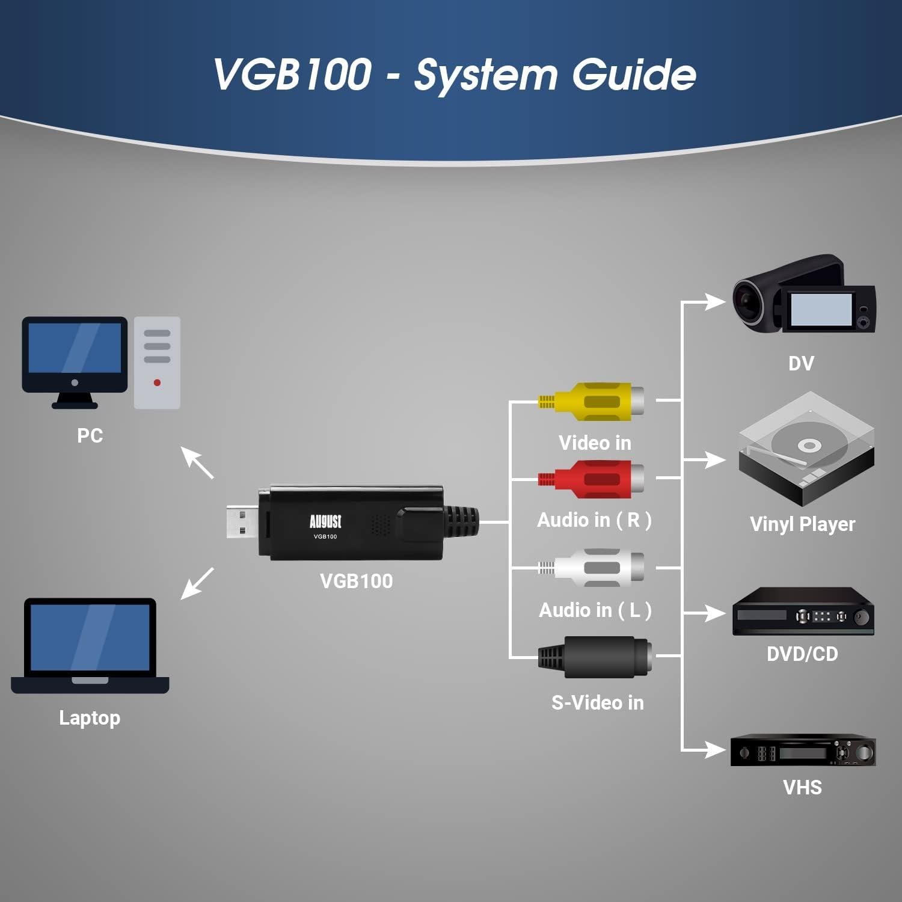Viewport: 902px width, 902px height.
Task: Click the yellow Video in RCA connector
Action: point(595,400)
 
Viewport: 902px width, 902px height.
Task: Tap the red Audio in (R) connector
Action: point(595,479)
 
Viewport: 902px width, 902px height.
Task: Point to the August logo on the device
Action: point(325,521)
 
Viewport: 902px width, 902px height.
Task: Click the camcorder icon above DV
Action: point(803,295)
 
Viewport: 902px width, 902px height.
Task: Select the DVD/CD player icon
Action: point(803,612)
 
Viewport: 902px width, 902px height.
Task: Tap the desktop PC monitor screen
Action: point(75,348)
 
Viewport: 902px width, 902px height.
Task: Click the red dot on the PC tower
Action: point(157,382)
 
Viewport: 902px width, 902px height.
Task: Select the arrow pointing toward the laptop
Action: point(197,583)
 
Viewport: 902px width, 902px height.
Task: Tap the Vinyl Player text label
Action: point(802,524)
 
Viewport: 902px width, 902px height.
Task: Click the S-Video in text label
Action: point(597,702)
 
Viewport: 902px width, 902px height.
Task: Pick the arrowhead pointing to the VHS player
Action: point(716,750)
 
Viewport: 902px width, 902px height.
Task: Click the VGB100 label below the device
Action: point(356,581)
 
